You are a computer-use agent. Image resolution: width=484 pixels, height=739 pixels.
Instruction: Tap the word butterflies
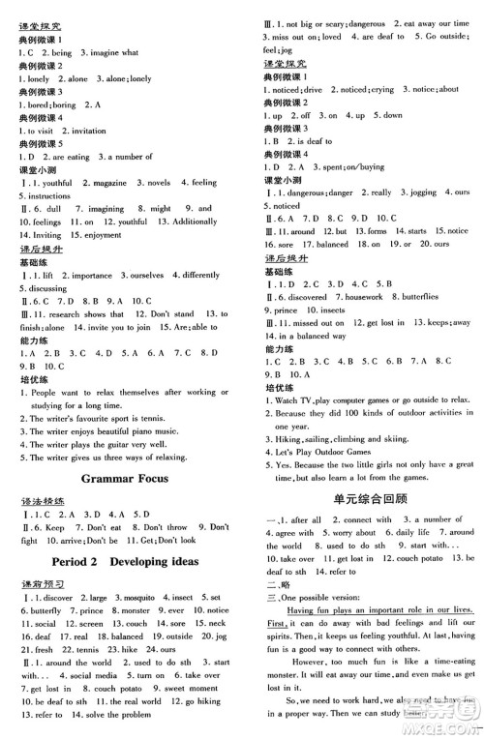423,296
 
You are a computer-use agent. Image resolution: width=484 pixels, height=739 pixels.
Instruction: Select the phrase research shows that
91,314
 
